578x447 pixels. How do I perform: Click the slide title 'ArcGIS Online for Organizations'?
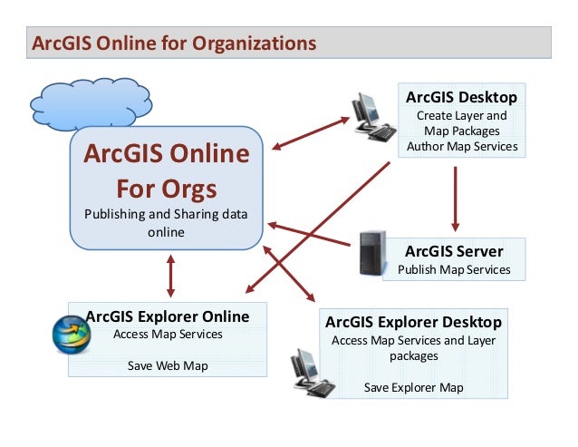coord(174,43)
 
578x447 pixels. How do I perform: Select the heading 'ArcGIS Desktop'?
coord(461,97)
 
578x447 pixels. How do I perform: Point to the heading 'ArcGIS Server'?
coord(454,250)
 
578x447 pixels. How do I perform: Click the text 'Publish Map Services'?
coord(454,269)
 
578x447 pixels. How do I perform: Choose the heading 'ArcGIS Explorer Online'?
coord(168,316)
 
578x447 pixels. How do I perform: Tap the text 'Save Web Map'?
coord(168,365)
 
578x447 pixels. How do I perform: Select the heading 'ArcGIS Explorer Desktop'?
coord(413,322)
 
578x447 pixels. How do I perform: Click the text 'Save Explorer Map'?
coord(413,387)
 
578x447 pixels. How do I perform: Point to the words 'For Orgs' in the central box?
coord(166,189)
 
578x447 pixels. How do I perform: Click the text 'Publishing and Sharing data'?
coord(166,216)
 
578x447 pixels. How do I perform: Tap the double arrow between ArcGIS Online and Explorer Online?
coord(169,275)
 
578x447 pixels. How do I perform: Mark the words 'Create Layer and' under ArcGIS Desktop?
coord(461,116)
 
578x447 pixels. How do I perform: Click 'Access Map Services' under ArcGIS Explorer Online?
coord(168,334)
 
